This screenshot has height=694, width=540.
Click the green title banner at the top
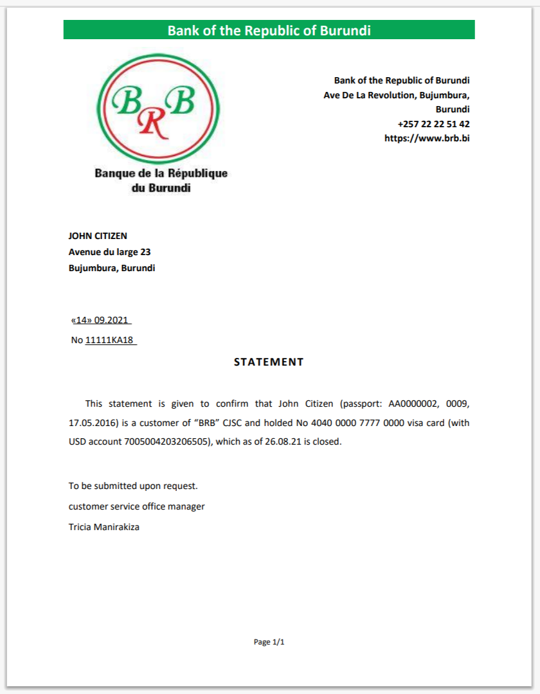(269, 30)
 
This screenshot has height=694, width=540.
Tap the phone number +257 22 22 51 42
(433, 124)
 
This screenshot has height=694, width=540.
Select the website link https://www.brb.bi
(427, 138)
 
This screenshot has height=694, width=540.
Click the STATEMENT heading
(269, 362)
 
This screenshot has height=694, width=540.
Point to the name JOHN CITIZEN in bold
(98, 236)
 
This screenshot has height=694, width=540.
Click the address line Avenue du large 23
(109, 253)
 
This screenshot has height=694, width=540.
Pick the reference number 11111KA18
(109, 341)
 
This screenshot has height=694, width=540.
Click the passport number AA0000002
(415, 404)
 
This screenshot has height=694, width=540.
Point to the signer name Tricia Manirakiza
(104, 527)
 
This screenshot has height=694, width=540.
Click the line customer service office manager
(136, 506)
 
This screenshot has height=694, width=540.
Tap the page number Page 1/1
(269, 642)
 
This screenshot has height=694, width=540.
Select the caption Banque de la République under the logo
(161, 173)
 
